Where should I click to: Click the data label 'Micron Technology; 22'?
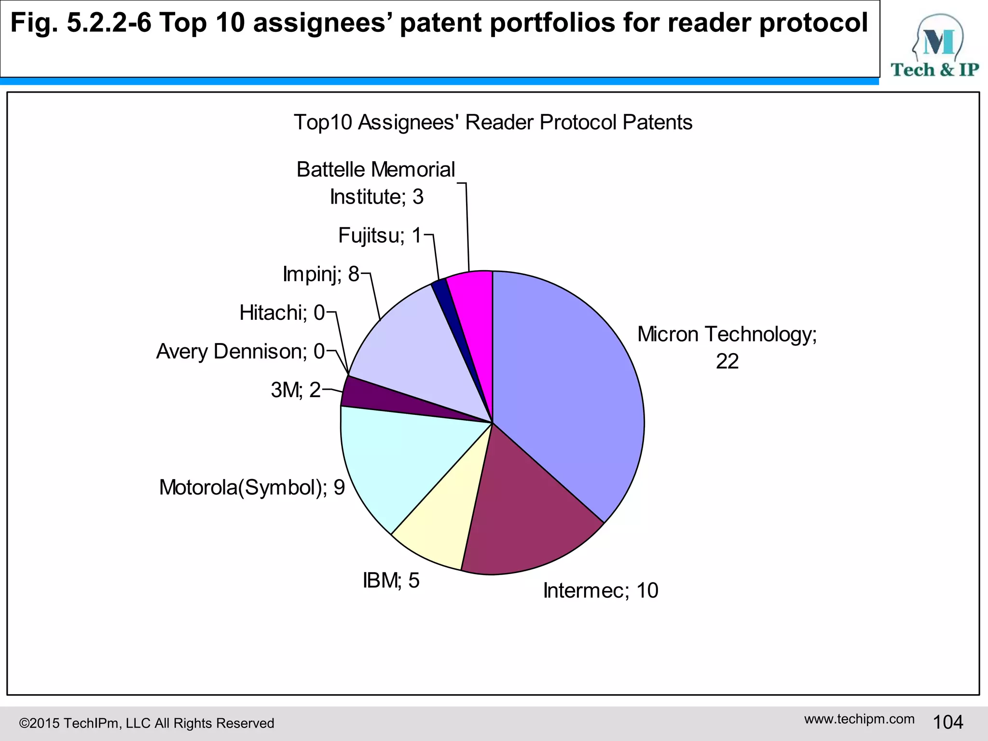pyautogui.click(x=727, y=347)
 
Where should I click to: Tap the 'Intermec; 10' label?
pyautogui.click(x=601, y=590)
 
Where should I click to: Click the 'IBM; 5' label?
pyautogui.click(x=391, y=580)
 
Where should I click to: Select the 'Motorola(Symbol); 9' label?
pyautogui.click(x=252, y=487)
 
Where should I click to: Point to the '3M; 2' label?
pyautogui.click(x=296, y=390)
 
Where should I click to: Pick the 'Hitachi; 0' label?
pyautogui.click(x=282, y=313)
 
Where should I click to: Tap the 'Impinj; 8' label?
pyautogui.click(x=321, y=274)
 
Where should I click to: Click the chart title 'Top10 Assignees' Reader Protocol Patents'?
pyautogui.click(x=493, y=123)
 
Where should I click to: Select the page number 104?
pyautogui.click(x=948, y=722)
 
